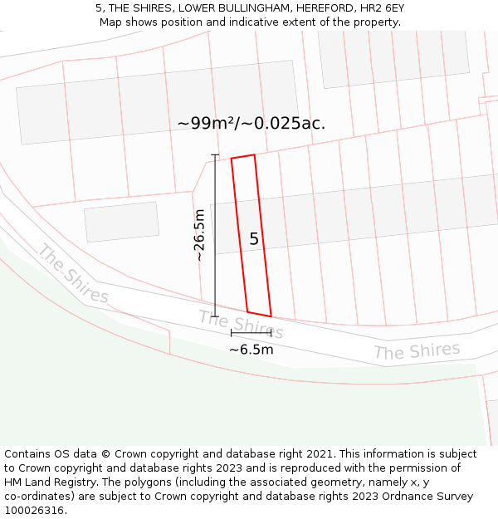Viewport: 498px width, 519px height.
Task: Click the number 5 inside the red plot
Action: pyautogui.click(x=254, y=239)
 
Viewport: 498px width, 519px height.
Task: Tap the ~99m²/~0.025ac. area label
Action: pyautogui.click(x=251, y=123)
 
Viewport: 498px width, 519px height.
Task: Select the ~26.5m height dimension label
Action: pyautogui.click(x=199, y=236)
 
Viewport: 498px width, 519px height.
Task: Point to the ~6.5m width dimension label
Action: pyautogui.click(x=251, y=350)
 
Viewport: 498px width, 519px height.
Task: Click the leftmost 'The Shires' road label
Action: pyautogui.click(x=73, y=274)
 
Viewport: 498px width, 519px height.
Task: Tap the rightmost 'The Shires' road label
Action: pyautogui.click(x=417, y=351)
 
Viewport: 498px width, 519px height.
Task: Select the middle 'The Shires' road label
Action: pyautogui.click(x=241, y=324)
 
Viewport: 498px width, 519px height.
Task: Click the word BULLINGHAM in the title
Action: pyautogui.click(x=243, y=8)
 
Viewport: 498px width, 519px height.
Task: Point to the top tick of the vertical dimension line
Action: pyautogui.click(x=215, y=155)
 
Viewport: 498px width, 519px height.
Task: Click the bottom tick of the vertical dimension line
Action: pyautogui.click(x=215, y=316)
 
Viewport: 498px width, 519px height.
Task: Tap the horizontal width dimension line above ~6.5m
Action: pyautogui.click(x=251, y=333)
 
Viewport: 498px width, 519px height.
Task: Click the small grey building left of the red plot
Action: pyautogui.click(x=122, y=222)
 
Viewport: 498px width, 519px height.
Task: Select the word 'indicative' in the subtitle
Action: pyautogui.click(x=283, y=22)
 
